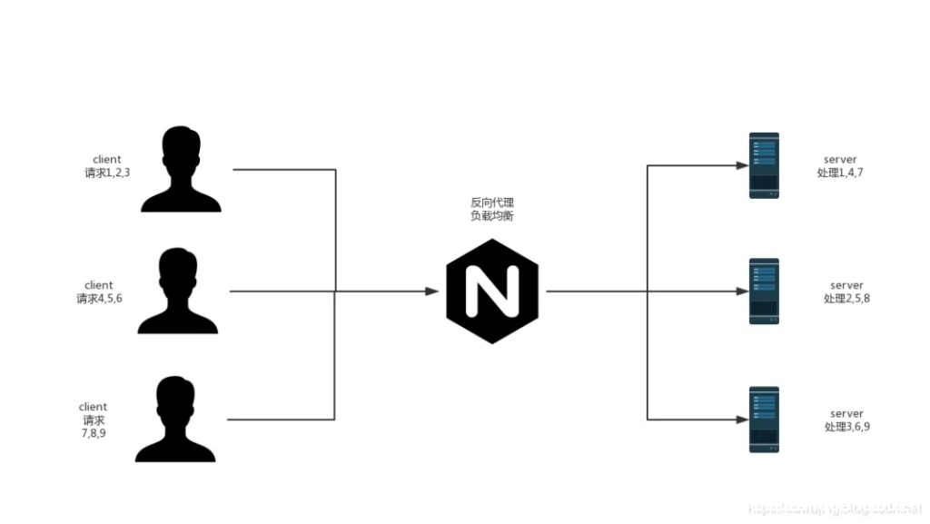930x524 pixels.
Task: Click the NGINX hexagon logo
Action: [x=492, y=292]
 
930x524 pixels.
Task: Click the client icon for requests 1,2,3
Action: [x=181, y=170]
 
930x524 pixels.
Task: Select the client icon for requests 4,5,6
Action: [x=179, y=292]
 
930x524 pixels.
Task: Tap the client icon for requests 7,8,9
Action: [x=176, y=420]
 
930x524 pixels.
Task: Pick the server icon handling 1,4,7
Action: [x=764, y=165]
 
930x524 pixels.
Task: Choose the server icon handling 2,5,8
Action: [x=764, y=292]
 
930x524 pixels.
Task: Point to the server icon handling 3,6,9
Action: [x=764, y=420]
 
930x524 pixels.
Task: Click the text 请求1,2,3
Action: [x=106, y=173]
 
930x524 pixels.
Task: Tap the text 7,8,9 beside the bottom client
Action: [x=94, y=433]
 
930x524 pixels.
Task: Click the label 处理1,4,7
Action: [x=840, y=173]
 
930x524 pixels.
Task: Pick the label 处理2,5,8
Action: [x=846, y=298]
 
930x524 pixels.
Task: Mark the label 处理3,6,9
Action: [x=846, y=426]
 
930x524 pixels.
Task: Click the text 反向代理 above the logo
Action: [x=492, y=203]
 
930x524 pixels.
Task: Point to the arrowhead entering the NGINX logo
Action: [x=432, y=292]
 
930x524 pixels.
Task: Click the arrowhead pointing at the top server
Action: [x=738, y=165]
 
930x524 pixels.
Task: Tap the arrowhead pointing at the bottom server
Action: [x=738, y=420]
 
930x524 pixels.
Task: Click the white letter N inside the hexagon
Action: [x=492, y=292]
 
